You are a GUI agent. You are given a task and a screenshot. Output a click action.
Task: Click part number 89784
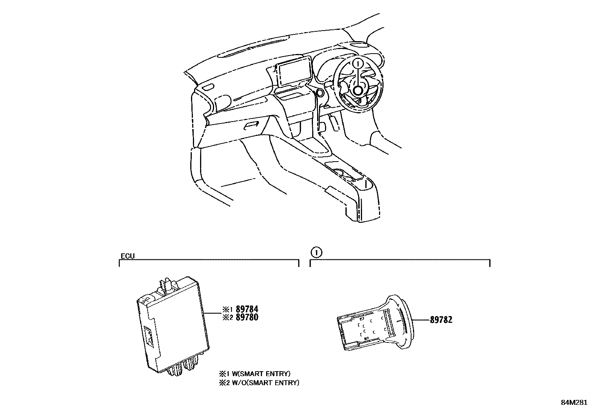[247, 310]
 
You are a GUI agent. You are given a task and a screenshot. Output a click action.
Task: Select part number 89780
[247, 318]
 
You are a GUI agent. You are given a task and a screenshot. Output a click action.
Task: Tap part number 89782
[441, 320]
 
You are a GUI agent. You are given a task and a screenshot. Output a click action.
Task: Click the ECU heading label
[128, 256]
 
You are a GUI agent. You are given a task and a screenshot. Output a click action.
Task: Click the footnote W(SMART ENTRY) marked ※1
[258, 374]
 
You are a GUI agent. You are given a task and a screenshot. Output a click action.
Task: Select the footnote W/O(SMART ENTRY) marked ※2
[263, 383]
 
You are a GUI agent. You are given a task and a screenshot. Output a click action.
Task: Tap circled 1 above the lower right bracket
[316, 252]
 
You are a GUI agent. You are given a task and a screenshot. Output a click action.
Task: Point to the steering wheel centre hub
[358, 91]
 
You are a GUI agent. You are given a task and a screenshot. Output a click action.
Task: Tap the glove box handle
[250, 125]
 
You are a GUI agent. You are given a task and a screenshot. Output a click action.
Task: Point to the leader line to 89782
[421, 320]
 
